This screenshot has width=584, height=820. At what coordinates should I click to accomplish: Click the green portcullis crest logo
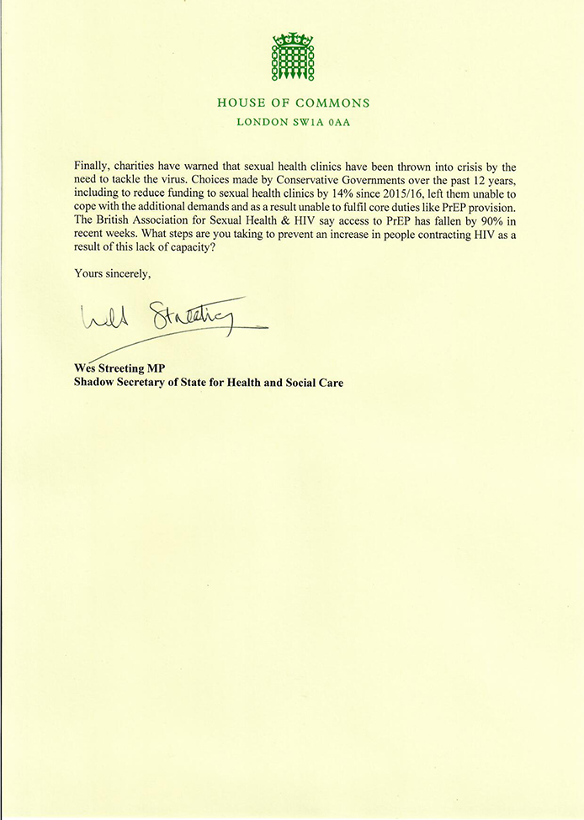[292, 58]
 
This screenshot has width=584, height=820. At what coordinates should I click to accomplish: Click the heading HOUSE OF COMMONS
[293, 103]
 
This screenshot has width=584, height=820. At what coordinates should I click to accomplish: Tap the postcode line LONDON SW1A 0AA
[293, 124]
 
